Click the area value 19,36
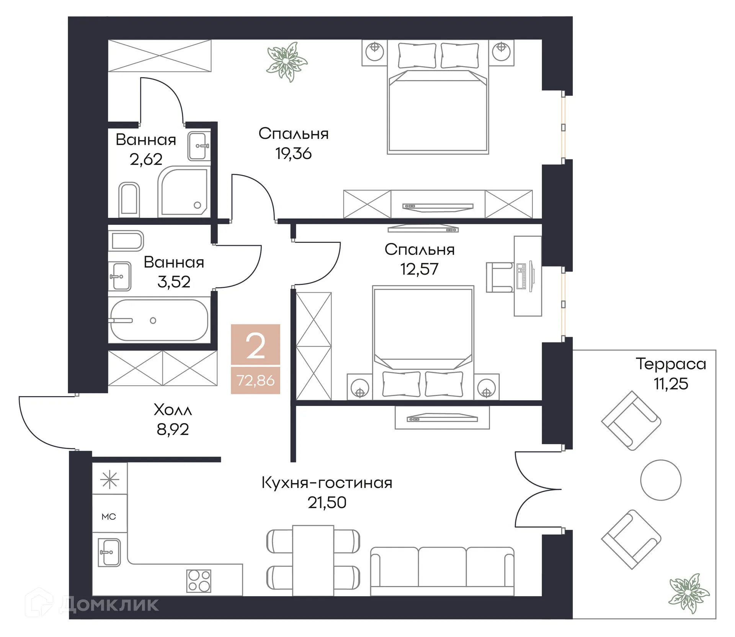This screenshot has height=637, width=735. [x=293, y=154]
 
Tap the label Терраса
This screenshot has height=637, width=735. [x=671, y=364]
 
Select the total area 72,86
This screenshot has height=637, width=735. [x=255, y=380]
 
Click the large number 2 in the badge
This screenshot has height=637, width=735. [x=255, y=346]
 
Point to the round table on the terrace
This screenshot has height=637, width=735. [x=660, y=480]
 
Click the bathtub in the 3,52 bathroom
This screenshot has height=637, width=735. [x=159, y=320]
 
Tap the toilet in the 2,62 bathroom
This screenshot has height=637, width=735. [x=129, y=199]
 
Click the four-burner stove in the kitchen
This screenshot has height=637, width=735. [x=199, y=581]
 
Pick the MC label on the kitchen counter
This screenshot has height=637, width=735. [x=109, y=517]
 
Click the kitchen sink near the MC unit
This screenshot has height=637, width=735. [x=109, y=552]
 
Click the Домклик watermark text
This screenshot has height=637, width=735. [x=109, y=604]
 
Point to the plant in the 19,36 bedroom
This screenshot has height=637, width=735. [x=287, y=62]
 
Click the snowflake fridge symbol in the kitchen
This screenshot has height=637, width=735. [x=109, y=480]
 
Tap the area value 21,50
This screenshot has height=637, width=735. [x=327, y=503]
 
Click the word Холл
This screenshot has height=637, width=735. [x=173, y=409]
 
